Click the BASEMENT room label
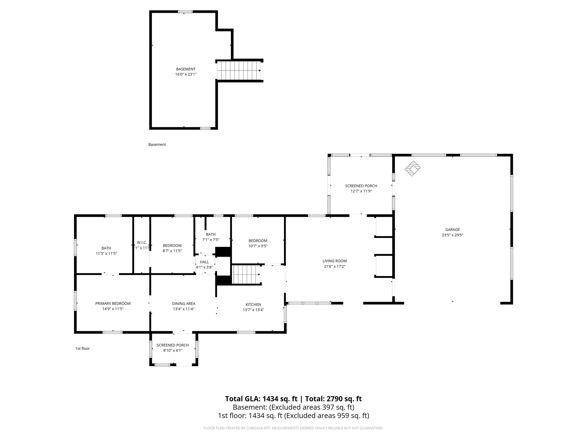pyautogui.click(x=186, y=69)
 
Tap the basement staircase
pyautogui.click(x=239, y=70)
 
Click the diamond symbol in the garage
pyautogui.click(x=412, y=168)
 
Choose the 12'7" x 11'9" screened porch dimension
pyautogui.click(x=361, y=191)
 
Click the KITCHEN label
pyautogui.click(x=253, y=304)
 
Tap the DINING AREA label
pyautogui.click(x=184, y=304)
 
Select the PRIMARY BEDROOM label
pyautogui.click(x=113, y=303)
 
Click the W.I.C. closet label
pyautogui.click(x=142, y=242)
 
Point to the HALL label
pyautogui.click(x=204, y=262)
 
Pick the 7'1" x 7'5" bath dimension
pyautogui.click(x=211, y=240)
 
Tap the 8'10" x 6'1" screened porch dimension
pyautogui.click(x=173, y=350)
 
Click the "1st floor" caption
pyautogui.click(x=83, y=349)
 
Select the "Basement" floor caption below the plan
pyautogui.click(x=157, y=145)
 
